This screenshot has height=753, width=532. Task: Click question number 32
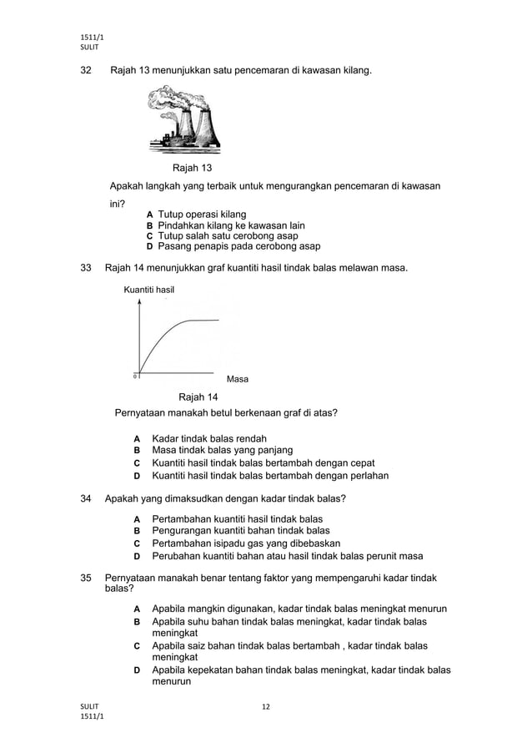click(x=85, y=72)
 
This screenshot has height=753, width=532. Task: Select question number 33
click(x=85, y=268)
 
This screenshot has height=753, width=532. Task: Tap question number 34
click(x=85, y=499)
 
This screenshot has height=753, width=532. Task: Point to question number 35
click(x=85, y=578)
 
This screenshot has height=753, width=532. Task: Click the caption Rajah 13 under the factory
click(x=192, y=169)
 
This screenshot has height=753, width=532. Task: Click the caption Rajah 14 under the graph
click(x=198, y=397)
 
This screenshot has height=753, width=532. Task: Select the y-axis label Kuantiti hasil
click(x=148, y=289)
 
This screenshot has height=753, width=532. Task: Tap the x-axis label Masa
click(x=238, y=379)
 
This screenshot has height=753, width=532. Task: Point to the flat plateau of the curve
click(x=203, y=321)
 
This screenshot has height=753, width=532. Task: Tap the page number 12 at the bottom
click(x=266, y=707)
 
